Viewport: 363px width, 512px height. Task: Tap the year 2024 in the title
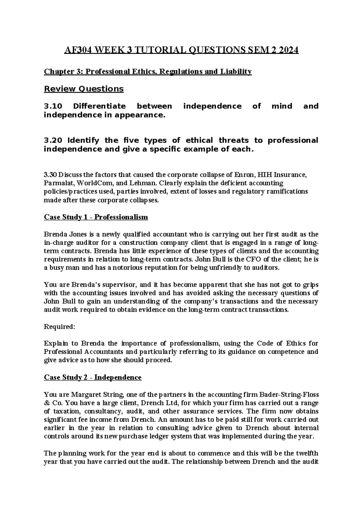[x=289, y=50]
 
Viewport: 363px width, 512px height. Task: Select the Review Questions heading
[x=84, y=89]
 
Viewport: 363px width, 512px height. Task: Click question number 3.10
[x=53, y=106]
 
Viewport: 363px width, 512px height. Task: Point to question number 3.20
[x=53, y=140]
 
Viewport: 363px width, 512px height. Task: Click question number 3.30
[x=50, y=175]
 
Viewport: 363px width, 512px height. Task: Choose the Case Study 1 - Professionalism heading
[x=96, y=217]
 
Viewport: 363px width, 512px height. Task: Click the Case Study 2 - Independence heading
[x=93, y=377]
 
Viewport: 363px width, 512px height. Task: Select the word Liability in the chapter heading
[x=237, y=72]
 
